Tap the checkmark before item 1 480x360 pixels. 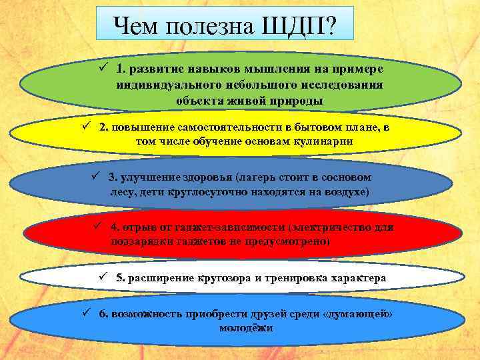[x=103, y=68]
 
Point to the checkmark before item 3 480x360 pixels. [x=95, y=177]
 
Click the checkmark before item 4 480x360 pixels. [x=100, y=227]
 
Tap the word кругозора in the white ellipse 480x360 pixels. [x=219, y=278]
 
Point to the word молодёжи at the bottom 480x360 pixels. [x=245, y=329]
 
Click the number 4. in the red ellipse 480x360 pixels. [x=115, y=227]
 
